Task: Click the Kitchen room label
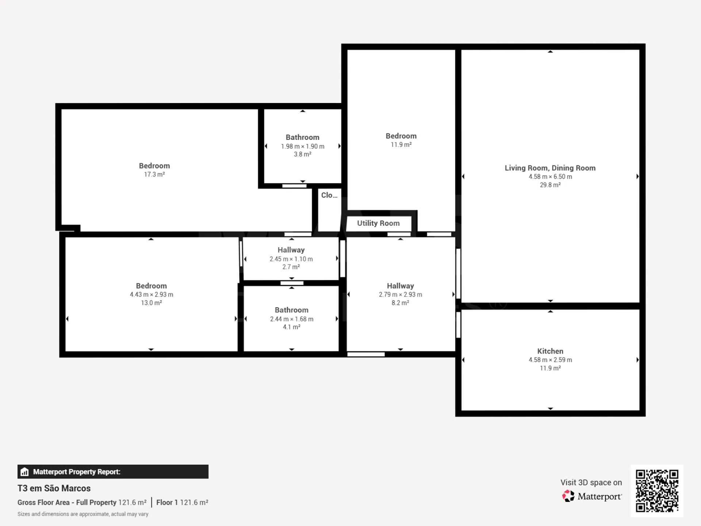[550, 351]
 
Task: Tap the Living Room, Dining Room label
[550, 168]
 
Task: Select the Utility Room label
[378, 223]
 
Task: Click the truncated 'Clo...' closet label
[329, 195]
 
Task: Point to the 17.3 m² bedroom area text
[154, 175]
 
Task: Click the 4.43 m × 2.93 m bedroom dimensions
[152, 294]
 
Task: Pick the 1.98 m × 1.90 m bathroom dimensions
[303, 146]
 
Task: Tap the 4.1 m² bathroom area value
[292, 327]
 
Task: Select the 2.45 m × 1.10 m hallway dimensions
[291, 259]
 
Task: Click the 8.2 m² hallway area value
[401, 303]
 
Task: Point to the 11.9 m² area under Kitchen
[550, 368]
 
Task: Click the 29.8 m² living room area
[550, 185]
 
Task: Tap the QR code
[657, 491]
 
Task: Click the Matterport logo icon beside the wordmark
[568, 496]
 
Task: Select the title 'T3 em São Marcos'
[54, 488]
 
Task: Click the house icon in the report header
[24, 472]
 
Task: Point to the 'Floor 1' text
[167, 502]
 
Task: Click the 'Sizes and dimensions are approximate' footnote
[83, 514]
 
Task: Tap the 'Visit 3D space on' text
[591, 483]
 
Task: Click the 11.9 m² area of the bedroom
[401, 145]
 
